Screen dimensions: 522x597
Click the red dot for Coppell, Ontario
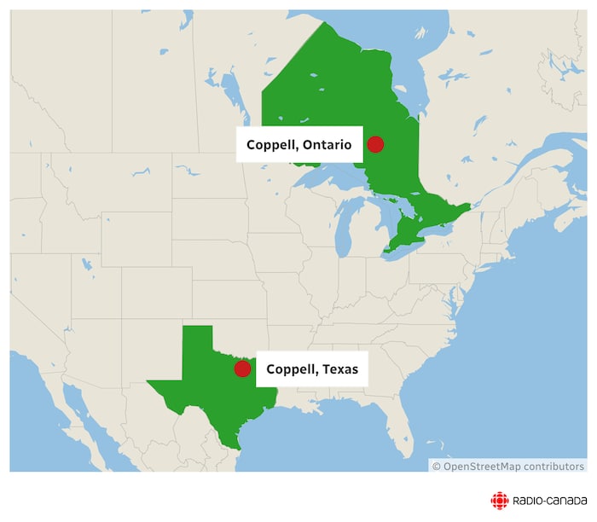[375, 144]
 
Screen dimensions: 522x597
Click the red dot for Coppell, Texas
[242, 368]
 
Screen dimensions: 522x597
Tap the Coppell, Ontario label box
[299, 145]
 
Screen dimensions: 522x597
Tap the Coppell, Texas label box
[312, 369]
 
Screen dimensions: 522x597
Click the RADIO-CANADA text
[549, 502]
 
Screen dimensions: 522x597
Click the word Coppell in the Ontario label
[270, 145]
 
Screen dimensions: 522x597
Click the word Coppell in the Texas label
[290, 369]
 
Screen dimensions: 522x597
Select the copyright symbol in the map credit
[436, 467]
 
